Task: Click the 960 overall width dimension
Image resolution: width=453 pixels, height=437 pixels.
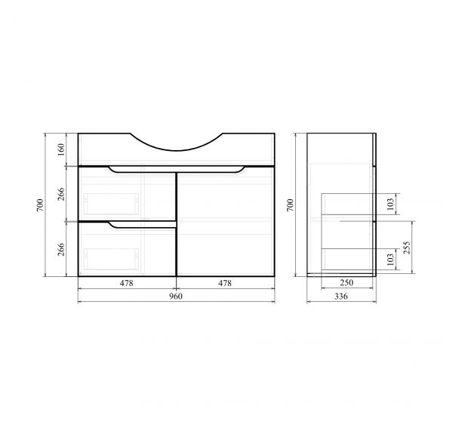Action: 176,297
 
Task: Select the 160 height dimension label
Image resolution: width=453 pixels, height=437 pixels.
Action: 61,149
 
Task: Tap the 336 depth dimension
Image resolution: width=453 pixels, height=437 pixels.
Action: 341,297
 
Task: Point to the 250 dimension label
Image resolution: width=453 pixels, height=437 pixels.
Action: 347,282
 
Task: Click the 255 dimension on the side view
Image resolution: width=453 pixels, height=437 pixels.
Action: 406,248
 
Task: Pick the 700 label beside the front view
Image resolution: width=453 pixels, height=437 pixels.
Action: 40,205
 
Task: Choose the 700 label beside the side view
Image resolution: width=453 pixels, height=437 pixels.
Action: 290,205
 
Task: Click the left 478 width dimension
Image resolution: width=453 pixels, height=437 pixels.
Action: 127,283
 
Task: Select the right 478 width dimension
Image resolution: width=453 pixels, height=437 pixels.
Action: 225,283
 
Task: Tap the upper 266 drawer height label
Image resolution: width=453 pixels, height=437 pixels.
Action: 61,194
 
